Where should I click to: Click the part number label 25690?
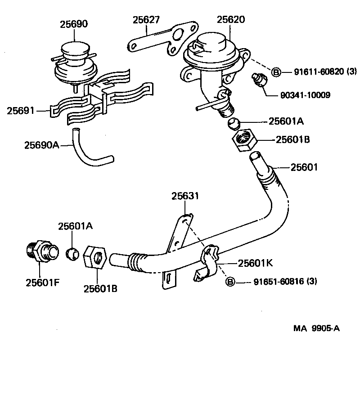[74, 24]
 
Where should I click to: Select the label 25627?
[146, 20]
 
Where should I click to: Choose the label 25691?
[20, 110]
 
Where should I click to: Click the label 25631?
[184, 196]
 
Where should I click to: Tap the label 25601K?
[255, 263]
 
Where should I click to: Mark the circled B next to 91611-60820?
[276, 72]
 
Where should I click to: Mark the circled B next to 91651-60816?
[229, 282]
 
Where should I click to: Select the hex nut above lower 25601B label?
[95, 258]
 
